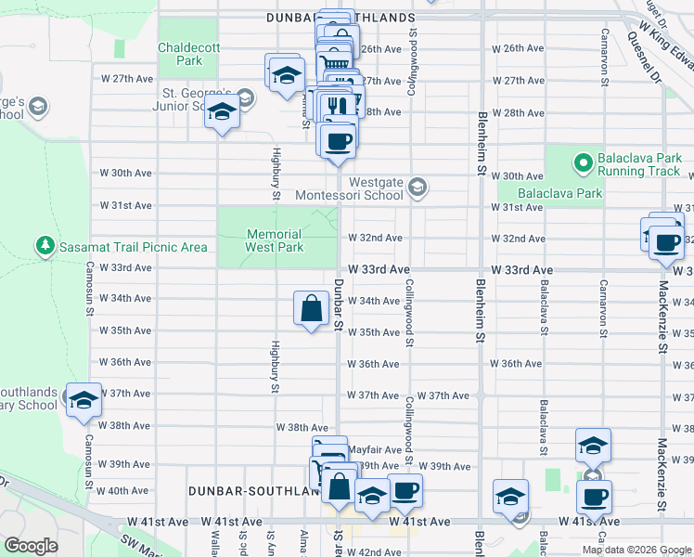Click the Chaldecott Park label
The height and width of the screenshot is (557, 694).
tap(180, 54)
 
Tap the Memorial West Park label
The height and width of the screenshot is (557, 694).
tap(275, 241)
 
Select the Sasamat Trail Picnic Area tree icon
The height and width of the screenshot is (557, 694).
tap(45, 246)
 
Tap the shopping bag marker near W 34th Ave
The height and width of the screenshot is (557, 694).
tap(312, 309)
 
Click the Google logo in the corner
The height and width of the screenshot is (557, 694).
tap(32, 545)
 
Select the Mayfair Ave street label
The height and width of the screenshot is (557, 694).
tap(375, 448)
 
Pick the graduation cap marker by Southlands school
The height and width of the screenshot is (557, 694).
tap(84, 401)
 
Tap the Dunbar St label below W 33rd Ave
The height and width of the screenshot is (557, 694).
tap(340, 304)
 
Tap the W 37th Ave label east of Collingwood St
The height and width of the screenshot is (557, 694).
tap(443, 395)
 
